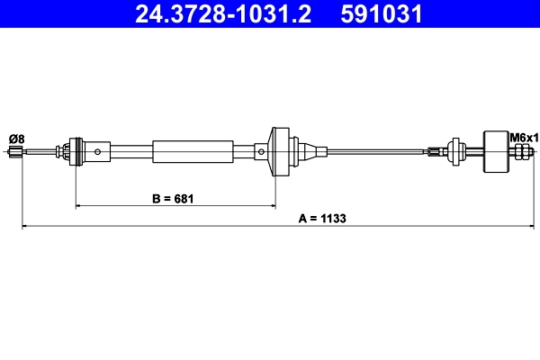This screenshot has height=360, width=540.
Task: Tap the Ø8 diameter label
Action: coord(16,138)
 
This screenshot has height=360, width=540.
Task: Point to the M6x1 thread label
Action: coord(523,138)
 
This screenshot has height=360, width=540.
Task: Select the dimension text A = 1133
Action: coord(321,218)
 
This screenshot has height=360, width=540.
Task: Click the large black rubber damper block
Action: coord(495,151)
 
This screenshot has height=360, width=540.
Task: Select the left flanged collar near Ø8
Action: coord(74,151)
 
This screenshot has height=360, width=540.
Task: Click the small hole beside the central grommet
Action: coord(261,151)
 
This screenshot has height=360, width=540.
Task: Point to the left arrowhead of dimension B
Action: coord(78,206)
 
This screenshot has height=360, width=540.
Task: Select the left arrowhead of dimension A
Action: coord(24,226)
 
